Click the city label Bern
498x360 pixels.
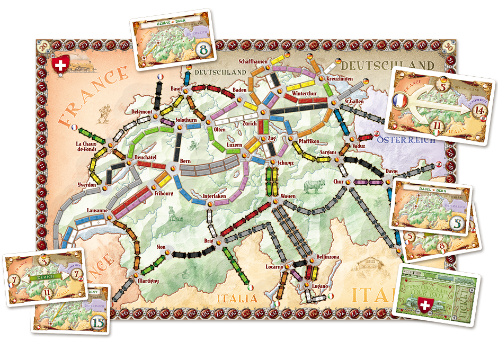tap(185, 160)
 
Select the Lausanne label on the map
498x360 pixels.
tap(97, 210)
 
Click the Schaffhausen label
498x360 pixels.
tap(253, 61)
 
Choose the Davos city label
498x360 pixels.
tap(392, 171)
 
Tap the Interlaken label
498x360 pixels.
tap(215, 196)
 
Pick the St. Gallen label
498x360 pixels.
tap(353, 102)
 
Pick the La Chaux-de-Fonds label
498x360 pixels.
tap(88, 147)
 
